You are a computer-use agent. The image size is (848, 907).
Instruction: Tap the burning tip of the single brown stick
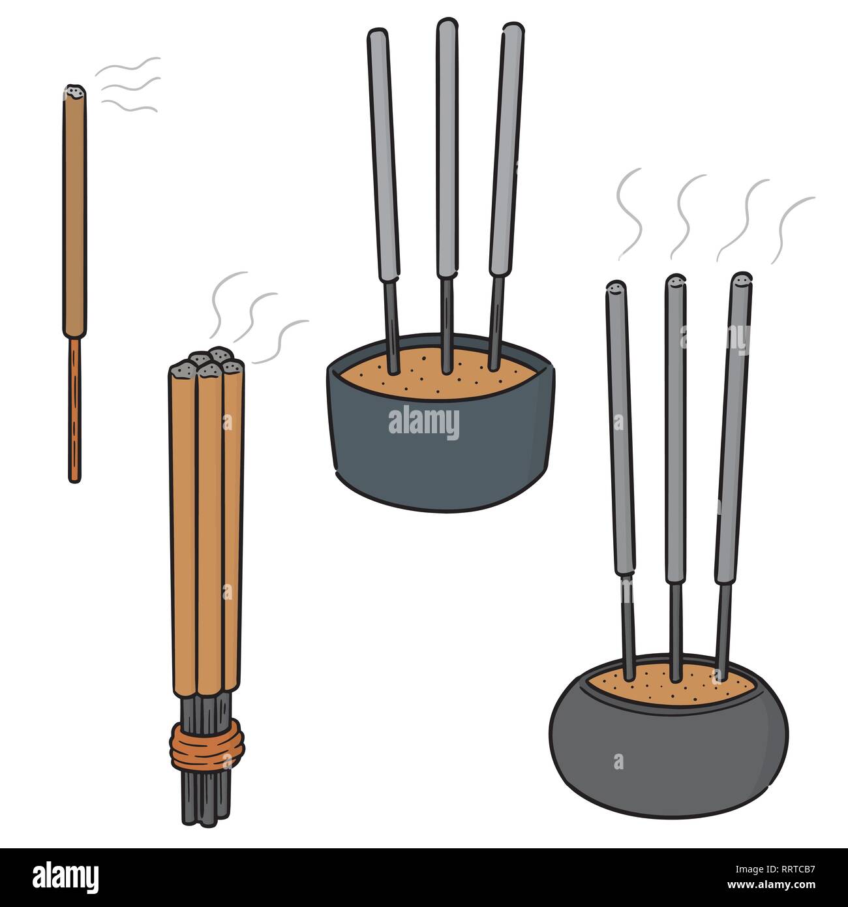74,93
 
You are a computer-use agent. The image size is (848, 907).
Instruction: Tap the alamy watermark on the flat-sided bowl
424,423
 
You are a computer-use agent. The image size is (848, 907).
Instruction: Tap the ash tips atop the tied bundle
205,363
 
